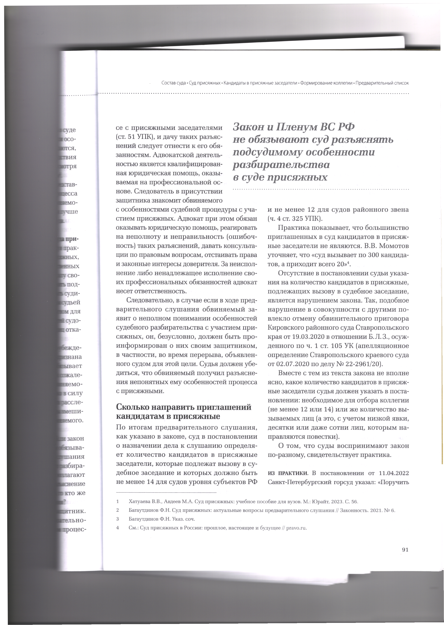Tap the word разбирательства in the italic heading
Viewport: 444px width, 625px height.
click(x=281, y=165)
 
